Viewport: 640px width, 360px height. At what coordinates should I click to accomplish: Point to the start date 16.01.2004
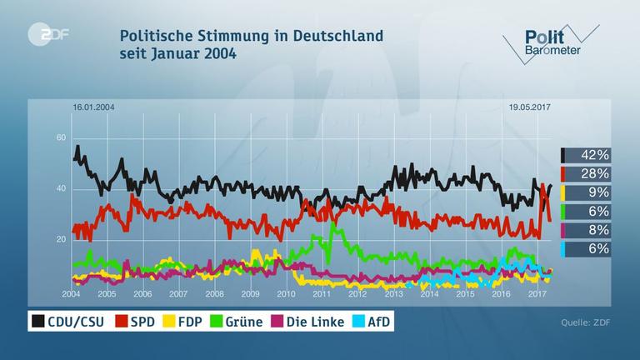pyautogui.click(x=95, y=107)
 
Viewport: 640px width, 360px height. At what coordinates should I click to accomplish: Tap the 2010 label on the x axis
pyautogui.click(x=285, y=294)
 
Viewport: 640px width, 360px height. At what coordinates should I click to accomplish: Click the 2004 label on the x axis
pyautogui.click(x=71, y=294)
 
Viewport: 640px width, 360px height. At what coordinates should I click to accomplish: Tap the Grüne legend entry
pyautogui.click(x=238, y=322)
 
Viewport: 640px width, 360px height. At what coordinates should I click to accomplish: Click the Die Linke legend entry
pyautogui.click(x=308, y=322)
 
